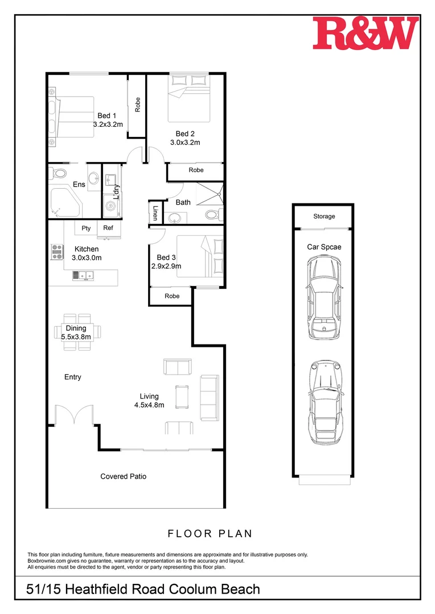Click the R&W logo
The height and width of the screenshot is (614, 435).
(x=366, y=33)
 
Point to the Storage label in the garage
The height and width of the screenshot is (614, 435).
(x=324, y=217)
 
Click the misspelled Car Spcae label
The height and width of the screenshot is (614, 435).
(x=323, y=247)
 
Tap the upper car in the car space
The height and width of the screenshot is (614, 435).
(x=324, y=297)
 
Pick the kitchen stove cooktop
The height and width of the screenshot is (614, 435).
(x=57, y=251)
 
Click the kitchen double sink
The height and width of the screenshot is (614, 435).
(x=83, y=276)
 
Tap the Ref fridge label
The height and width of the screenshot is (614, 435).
(x=108, y=228)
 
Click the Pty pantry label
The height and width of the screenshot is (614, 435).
(x=86, y=228)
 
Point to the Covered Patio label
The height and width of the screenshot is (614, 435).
(x=123, y=476)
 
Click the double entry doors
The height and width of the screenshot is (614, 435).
(x=74, y=415)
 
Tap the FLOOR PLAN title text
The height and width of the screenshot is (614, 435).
(x=210, y=534)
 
